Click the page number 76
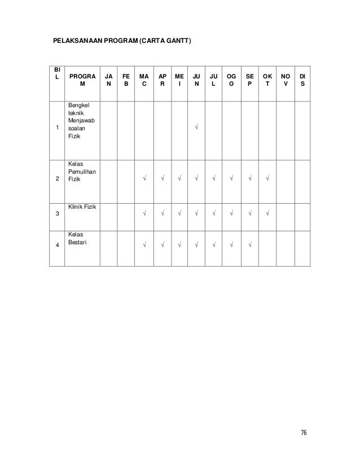pyautogui.click(x=304, y=433)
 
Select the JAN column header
pyautogui.click(x=108, y=78)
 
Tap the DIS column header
pyautogui.click(x=303, y=78)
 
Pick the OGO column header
pyautogui.click(x=231, y=78)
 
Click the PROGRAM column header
pyautogui.click(x=82, y=78)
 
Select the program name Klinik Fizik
pyautogui.click(x=82, y=208)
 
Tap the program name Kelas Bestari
pyautogui.click(x=78, y=238)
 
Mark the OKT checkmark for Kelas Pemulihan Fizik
pyautogui.click(x=267, y=180)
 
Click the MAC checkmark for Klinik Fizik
pyautogui.click(x=144, y=213)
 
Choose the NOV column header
pyautogui.click(x=286, y=78)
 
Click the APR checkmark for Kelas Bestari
pyautogui.click(x=162, y=245)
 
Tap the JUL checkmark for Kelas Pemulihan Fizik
pyautogui.click(x=213, y=180)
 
